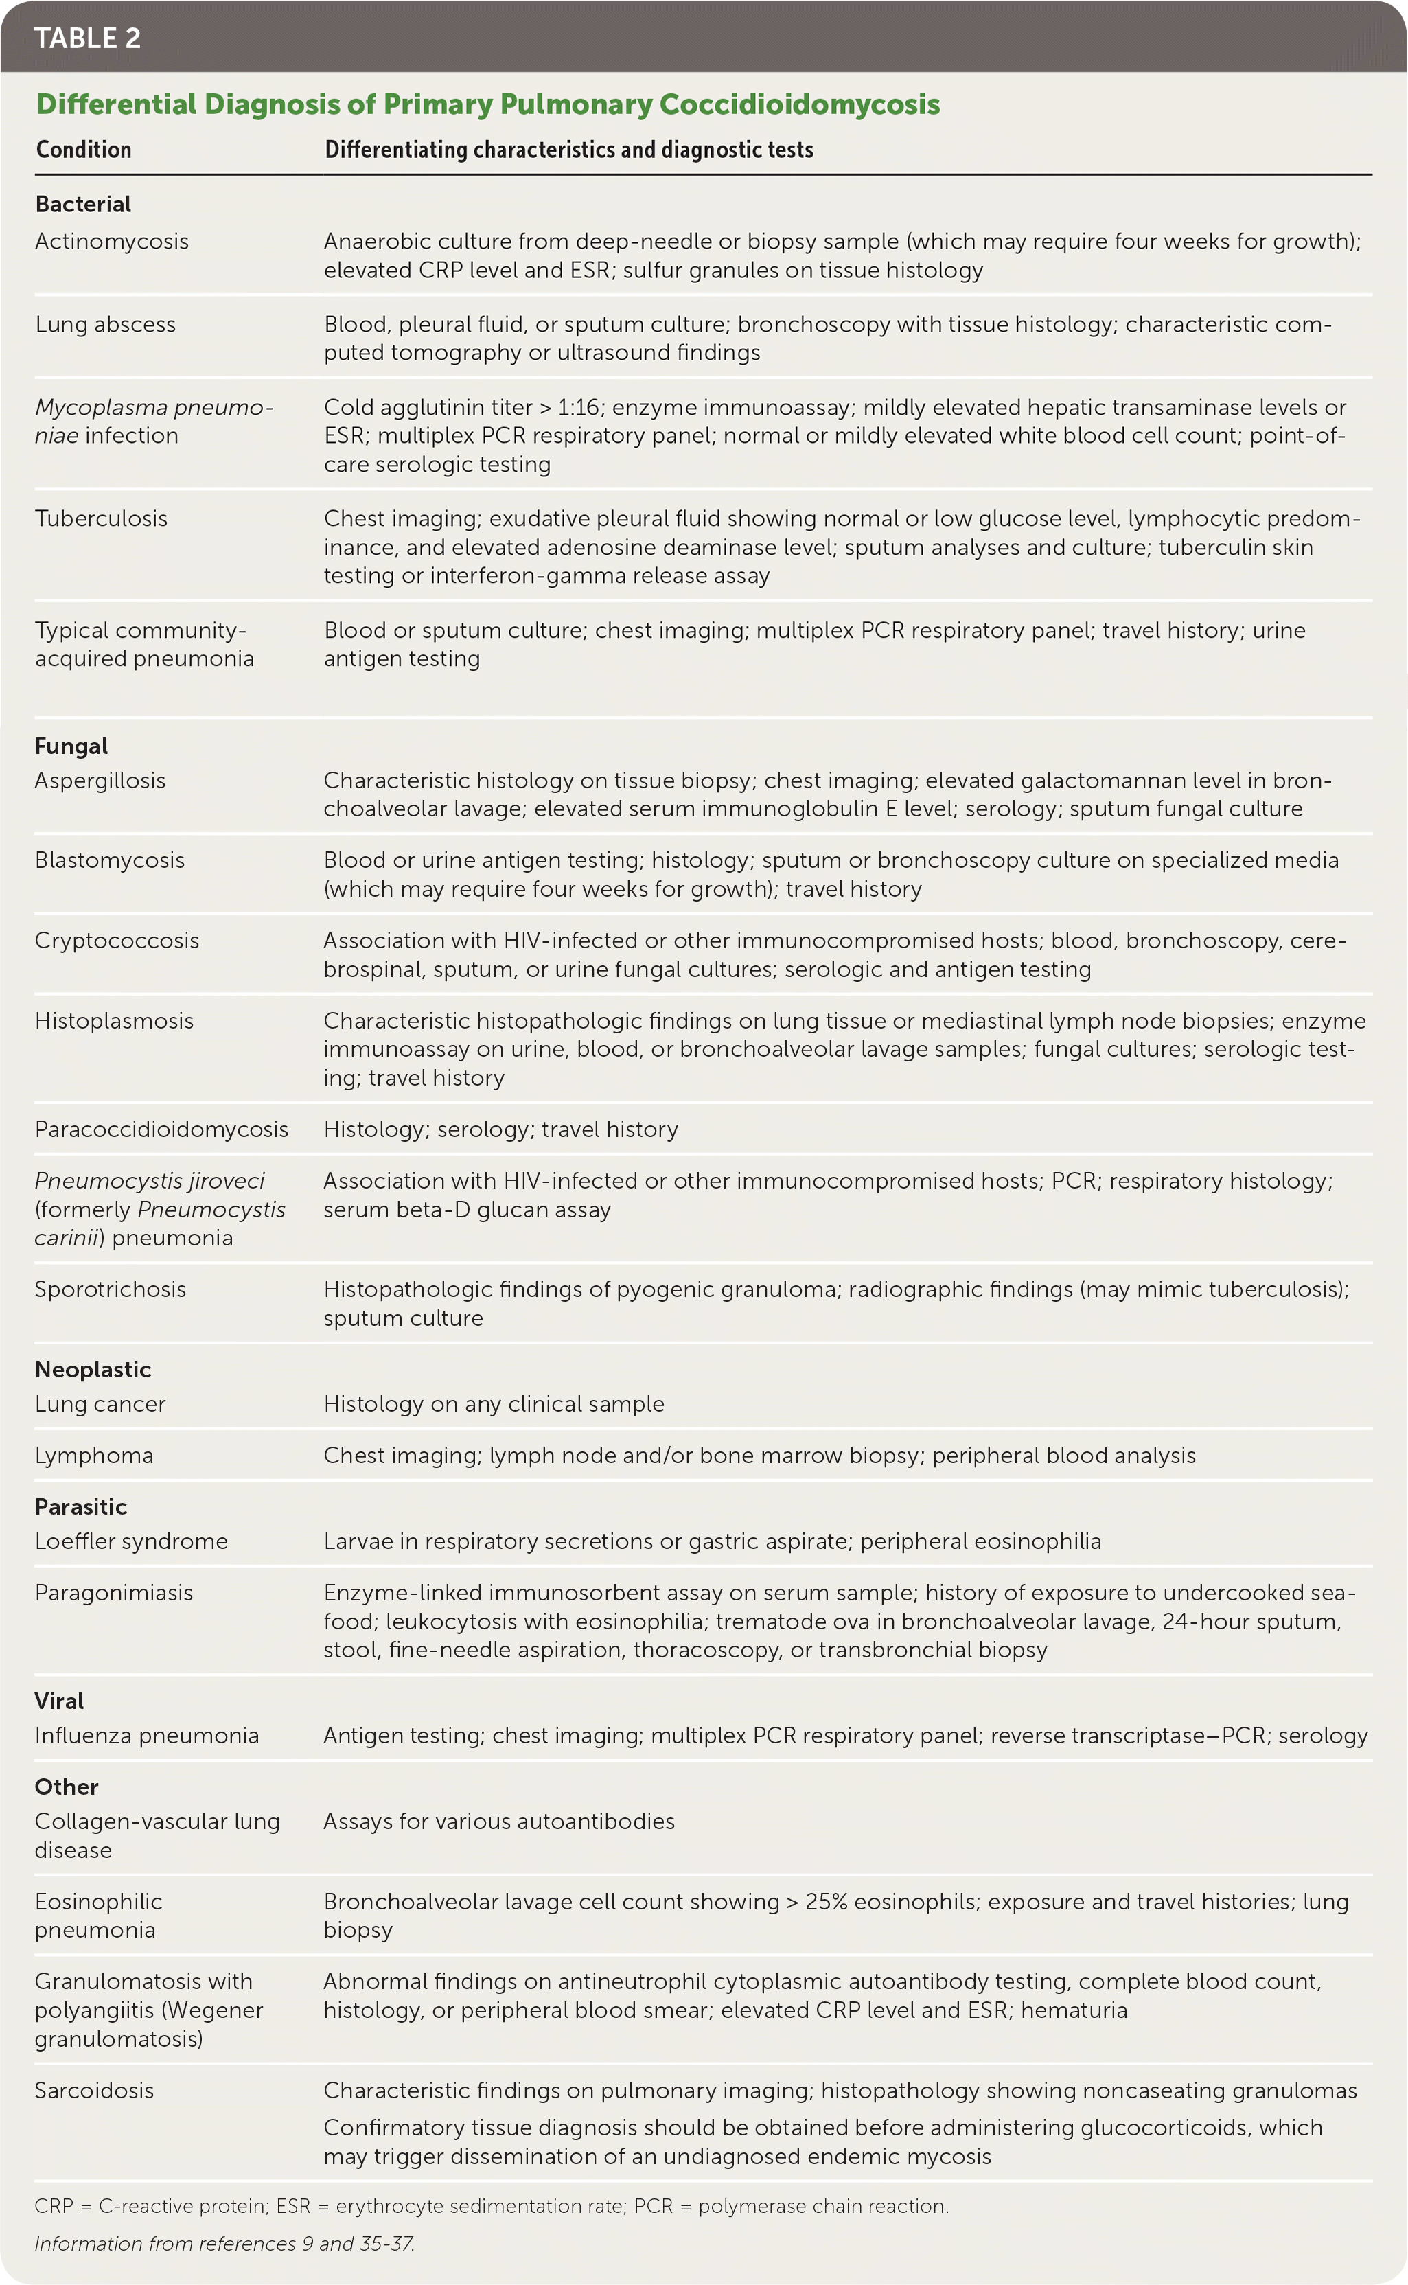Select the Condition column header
pyautogui.click(x=84, y=150)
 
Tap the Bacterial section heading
pyautogui.click(x=83, y=204)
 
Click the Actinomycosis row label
pyautogui.click(x=112, y=241)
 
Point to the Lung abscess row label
pyautogui.click(x=105, y=324)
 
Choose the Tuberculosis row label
pyautogui.click(x=102, y=518)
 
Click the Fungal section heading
pyautogui.click(x=71, y=746)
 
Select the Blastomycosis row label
pyautogui.click(x=110, y=860)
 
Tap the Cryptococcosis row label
pyautogui.click(x=117, y=941)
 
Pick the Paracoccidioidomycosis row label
pyautogui.click(x=161, y=1129)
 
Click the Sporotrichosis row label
pyautogui.click(x=110, y=1289)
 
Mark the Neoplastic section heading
pyautogui.click(x=93, y=1370)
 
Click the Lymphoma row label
pyautogui.click(x=94, y=1456)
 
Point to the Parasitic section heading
pyautogui.click(x=81, y=1506)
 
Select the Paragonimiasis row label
pyautogui.click(x=113, y=1593)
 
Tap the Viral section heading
pyautogui.click(x=60, y=1701)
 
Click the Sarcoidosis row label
pyautogui.click(x=94, y=2091)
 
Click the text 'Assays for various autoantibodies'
pyautogui.click(x=499, y=1822)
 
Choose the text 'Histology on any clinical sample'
pyautogui.click(x=494, y=1404)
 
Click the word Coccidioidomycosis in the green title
pyautogui.click(x=799, y=104)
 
